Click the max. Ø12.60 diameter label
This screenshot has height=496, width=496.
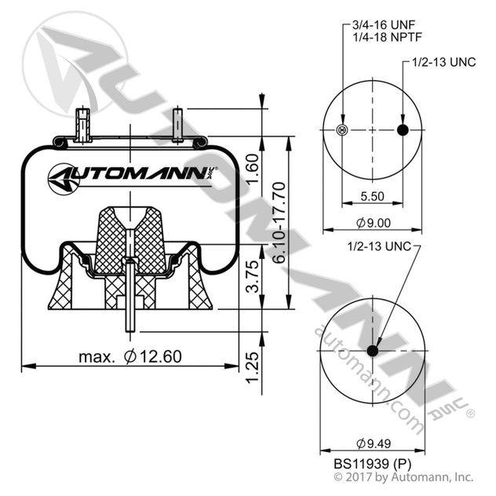point(130,356)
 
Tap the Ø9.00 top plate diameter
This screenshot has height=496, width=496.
point(373,222)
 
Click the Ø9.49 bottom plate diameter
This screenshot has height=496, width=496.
point(373,440)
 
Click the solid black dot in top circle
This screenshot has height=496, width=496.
point(403,129)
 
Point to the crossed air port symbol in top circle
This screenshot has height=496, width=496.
point(341,129)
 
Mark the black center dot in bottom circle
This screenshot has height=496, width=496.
point(372,350)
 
